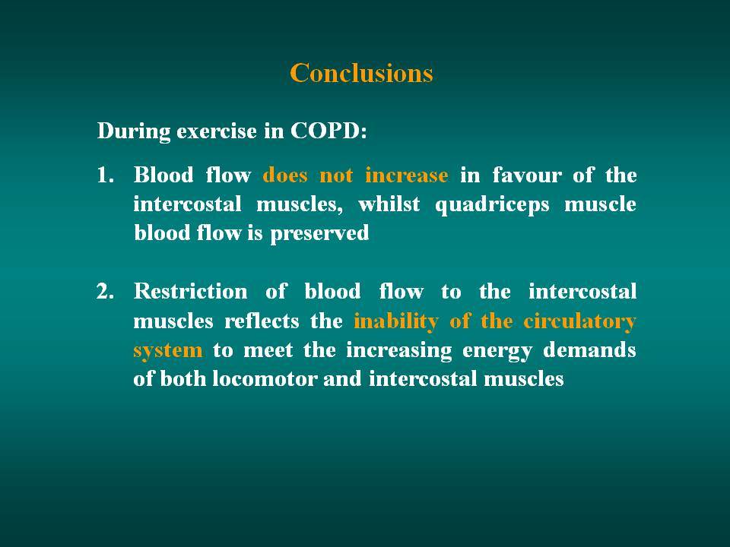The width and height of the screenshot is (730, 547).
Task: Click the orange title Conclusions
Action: (x=361, y=73)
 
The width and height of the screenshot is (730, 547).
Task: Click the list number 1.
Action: (x=105, y=175)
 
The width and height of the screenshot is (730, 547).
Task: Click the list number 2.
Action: (x=105, y=292)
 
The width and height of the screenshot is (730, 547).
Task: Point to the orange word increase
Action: (x=406, y=175)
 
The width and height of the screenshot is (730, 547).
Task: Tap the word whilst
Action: (x=389, y=204)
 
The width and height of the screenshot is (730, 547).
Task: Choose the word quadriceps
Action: (x=492, y=206)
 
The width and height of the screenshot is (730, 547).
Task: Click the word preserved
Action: (x=320, y=234)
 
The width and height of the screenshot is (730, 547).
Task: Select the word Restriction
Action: (x=190, y=292)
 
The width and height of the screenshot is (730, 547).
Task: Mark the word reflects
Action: (x=262, y=321)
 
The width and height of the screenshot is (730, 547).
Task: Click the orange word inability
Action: (x=396, y=322)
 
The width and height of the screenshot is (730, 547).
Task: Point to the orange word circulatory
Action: (x=579, y=322)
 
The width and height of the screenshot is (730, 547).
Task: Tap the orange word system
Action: (x=168, y=351)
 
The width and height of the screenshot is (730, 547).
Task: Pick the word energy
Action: (x=497, y=351)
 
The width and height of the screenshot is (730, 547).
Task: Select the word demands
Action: (x=589, y=349)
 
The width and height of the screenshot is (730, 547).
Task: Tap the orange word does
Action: (x=285, y=175)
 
